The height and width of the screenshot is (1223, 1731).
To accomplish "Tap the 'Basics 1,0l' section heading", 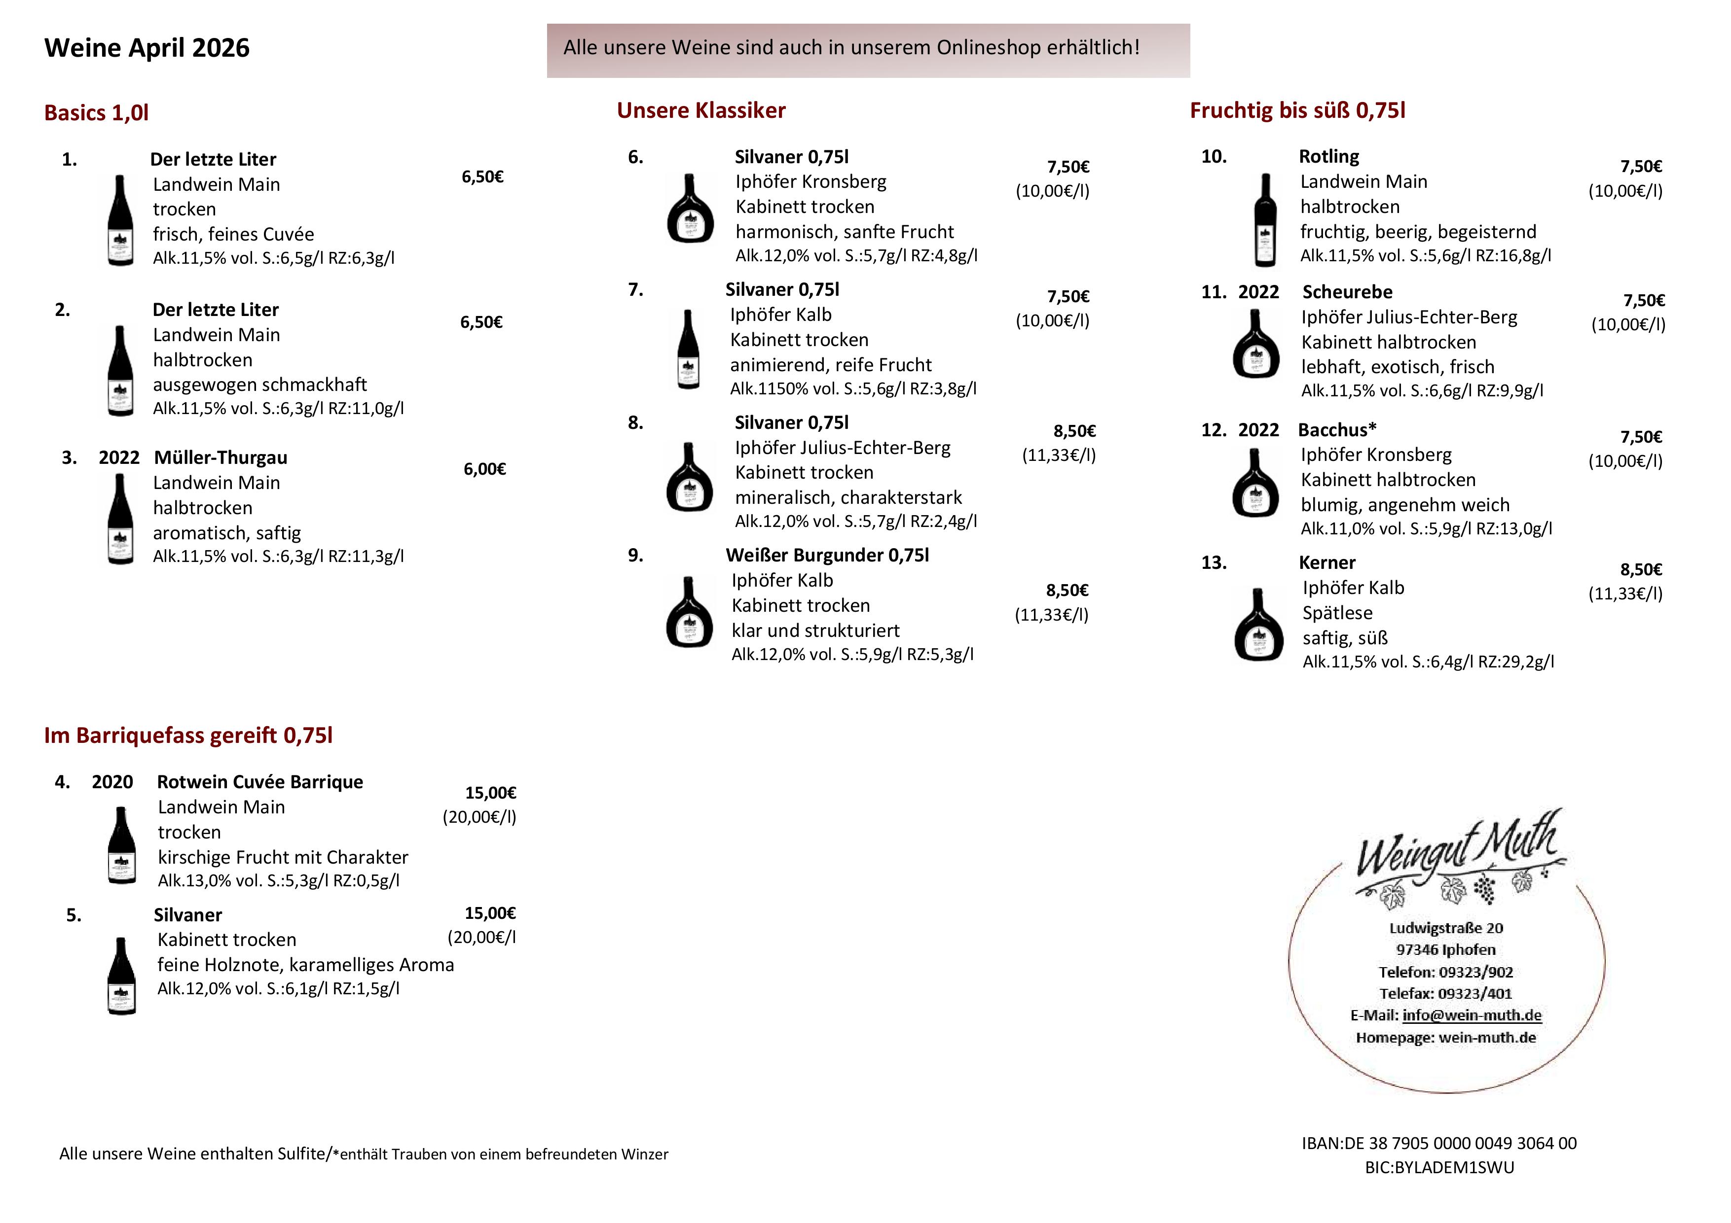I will pos(97,113).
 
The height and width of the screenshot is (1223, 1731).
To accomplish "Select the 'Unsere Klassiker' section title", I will pos(700,111).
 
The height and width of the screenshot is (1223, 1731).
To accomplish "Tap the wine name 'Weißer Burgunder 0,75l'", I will pos(827,556).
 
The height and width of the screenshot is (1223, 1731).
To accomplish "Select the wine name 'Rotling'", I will pos(1328,157).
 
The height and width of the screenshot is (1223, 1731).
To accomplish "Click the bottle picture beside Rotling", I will pos(1265,220).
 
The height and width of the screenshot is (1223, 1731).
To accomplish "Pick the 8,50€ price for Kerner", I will pos(1641,570).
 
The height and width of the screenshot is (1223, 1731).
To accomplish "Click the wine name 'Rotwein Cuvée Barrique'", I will pos(259,782).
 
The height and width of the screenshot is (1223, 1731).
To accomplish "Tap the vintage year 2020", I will pos(112,782).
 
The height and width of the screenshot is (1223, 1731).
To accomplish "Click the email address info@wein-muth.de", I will pos(1471,1015).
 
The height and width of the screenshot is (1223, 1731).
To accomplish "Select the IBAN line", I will pos(1438,1143).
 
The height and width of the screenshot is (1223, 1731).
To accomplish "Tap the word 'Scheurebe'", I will pos(1347,292).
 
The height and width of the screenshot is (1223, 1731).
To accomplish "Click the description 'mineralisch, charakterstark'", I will pos(848,498).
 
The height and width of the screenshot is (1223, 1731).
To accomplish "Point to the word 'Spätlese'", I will pos(1337,613).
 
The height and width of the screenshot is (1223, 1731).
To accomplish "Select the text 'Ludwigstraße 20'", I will pos(1445,928).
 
